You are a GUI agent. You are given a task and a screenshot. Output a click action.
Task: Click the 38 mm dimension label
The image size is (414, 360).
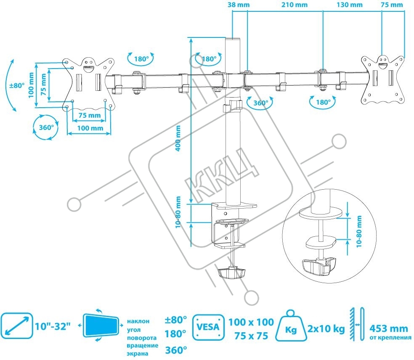239,5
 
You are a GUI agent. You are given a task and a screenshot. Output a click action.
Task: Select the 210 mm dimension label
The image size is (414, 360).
294,5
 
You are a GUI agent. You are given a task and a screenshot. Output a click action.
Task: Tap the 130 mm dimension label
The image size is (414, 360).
349,5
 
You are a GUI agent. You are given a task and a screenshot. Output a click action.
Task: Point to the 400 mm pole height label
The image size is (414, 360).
178,138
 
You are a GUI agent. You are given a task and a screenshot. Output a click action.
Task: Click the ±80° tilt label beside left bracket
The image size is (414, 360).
17,86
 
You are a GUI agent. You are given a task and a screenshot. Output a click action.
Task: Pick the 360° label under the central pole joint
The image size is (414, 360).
260,103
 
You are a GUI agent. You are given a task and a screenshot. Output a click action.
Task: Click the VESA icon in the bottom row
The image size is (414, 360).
208,327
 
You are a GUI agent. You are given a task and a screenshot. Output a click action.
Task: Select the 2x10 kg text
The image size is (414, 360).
326,329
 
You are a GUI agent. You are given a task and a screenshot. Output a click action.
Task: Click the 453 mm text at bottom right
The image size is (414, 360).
389,328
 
